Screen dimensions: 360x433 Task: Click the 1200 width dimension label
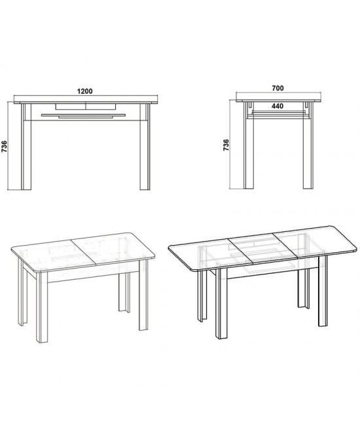point(84,91)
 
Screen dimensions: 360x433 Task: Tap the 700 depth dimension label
point(278,88)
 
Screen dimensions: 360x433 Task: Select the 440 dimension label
point(278,106)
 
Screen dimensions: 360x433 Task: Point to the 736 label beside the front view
point(4,147)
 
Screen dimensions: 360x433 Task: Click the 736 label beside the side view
point(226,145)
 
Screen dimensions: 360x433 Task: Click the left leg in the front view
point(26,147)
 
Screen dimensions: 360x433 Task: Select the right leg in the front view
point(145,147)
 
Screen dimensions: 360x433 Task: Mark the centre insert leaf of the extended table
point(263,248)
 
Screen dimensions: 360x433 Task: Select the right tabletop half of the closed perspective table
point(114,248)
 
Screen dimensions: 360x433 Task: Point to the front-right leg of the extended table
point(323,291)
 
